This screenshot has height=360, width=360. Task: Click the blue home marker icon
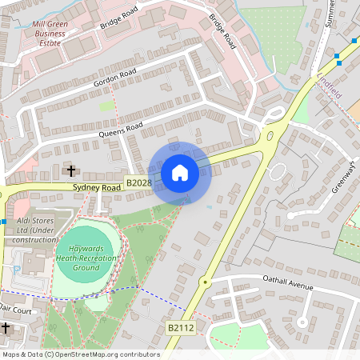click(x=180, y=173)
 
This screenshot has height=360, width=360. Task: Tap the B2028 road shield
click(x=138, y=184)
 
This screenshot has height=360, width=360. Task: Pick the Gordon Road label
click(x=114, y=78)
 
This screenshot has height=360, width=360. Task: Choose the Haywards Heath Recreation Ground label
click(x=86, y=258)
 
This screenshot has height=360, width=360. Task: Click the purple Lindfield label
click(x=330, y=88)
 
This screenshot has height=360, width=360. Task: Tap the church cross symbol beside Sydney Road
click(x=71, y=170)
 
